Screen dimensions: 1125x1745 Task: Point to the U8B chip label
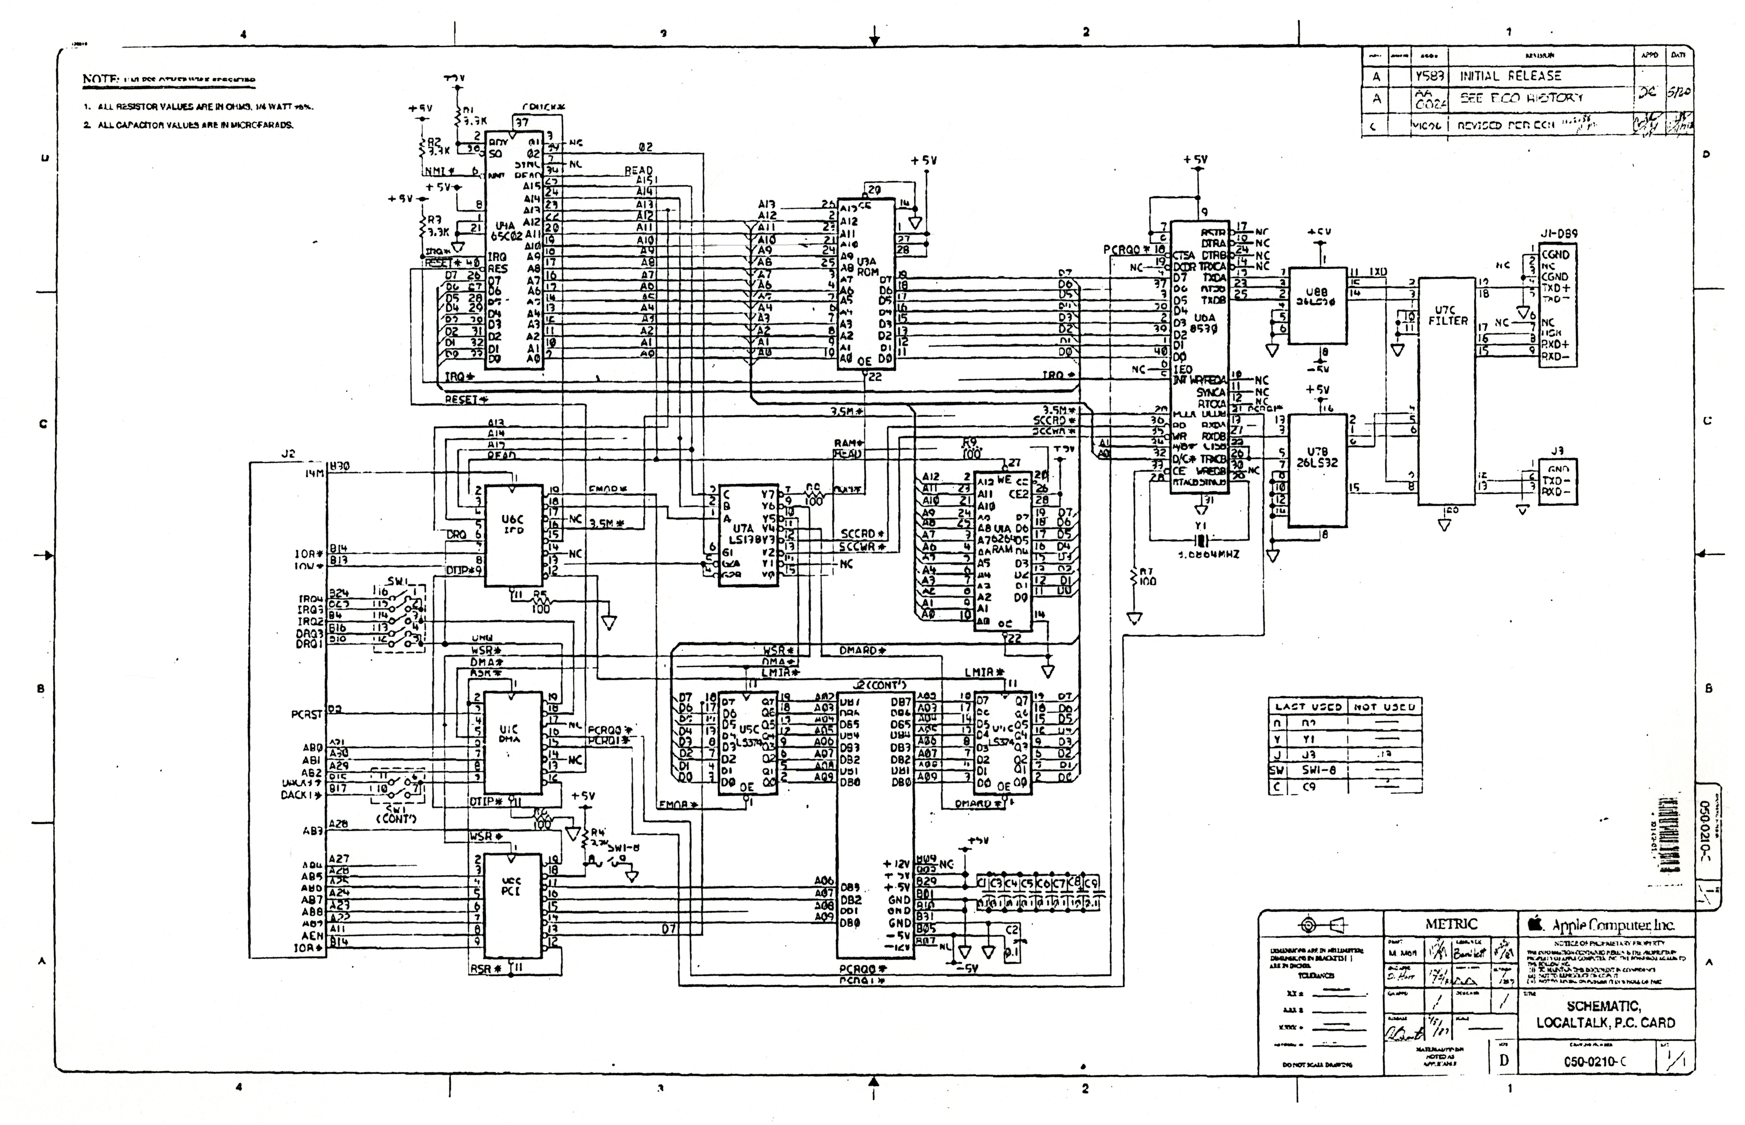coord(1316,296)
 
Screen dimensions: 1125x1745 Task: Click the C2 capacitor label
coord(1012,930)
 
